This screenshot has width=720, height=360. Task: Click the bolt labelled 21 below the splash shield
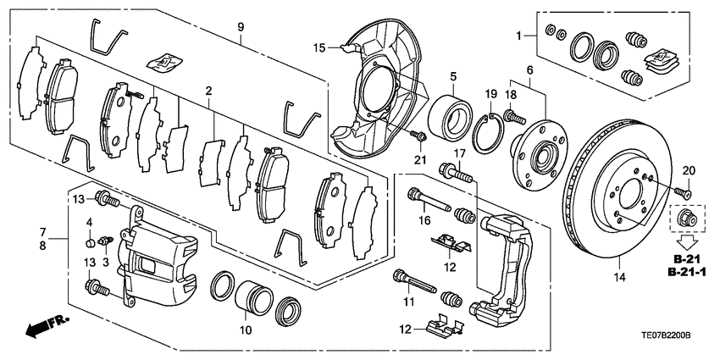point(418,136)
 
